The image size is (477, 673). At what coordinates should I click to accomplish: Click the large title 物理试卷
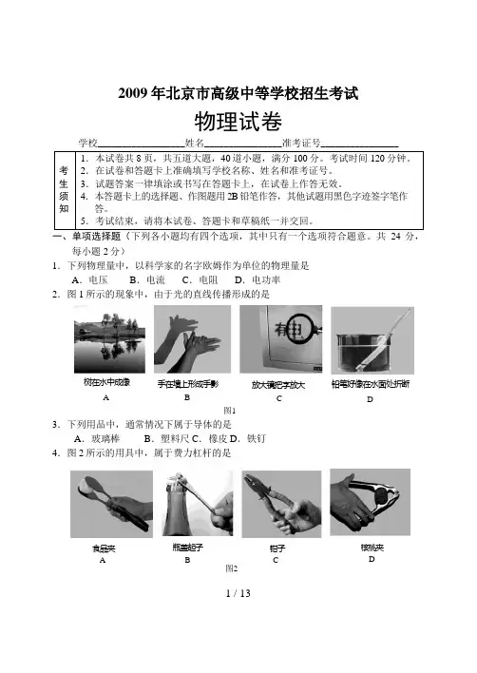tap(238, 122)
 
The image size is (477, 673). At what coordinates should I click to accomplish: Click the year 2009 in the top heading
tap(132, 93)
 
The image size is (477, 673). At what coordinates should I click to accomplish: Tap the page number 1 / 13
tap(238, 593)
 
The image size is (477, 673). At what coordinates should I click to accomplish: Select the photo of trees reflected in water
tap(109, 340)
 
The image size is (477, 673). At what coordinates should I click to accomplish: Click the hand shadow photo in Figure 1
tap(192, 339)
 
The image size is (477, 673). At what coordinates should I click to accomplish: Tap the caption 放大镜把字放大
tap(278, 385)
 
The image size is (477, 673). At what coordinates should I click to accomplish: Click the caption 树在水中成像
tap(106, 381)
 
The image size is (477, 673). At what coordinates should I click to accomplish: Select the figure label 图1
tap(230, 410)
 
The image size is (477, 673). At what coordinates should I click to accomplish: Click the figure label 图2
tap(232, 568)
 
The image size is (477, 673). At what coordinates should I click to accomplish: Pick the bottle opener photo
tap(198, 504)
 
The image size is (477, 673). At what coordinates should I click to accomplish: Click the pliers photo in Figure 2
tap(281, 504)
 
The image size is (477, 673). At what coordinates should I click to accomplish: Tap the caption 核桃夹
tap(372, 548)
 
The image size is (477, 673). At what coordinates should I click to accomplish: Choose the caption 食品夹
tap(104, 548)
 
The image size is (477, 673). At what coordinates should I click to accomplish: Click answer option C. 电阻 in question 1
tap(200, 279)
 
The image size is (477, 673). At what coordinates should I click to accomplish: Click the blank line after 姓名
tap(243, 146)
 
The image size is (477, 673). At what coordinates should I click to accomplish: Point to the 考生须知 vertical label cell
tap(65, 190)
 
